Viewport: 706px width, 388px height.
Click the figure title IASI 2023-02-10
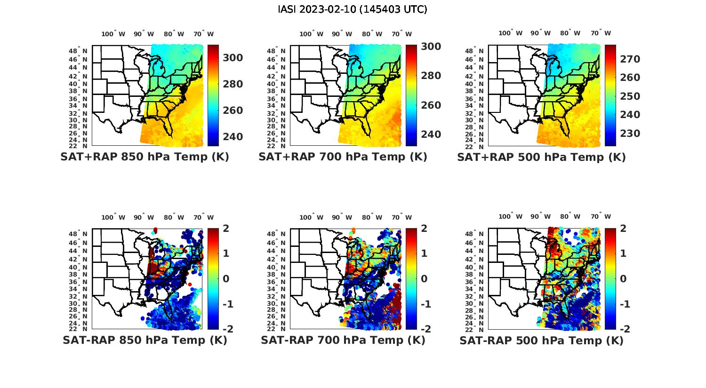click(x=353, y=9)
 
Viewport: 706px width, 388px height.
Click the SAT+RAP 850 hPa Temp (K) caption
click(x=144, y=157)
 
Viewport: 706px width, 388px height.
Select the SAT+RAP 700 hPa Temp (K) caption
click(x=343, y=157)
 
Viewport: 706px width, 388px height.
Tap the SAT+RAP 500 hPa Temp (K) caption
click(x=541, y=158)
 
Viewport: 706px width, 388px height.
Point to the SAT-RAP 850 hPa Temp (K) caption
click(x=145, y=340)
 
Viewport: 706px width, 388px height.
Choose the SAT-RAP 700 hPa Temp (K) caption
click(x=343, y=340)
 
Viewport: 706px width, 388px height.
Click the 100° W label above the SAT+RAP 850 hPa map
click(x=113, y=34)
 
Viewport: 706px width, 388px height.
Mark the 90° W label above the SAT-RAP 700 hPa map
click(x=342, y=217)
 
